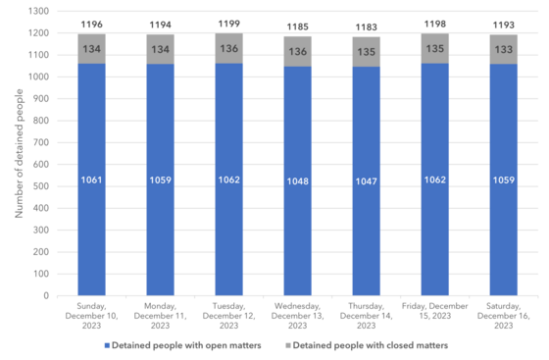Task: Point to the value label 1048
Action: pyautogui.click(x=297, y=181)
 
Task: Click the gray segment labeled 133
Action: pyautogui.click(x=503, y=49)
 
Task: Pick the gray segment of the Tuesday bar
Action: pyautogui.click(x=228, y=49)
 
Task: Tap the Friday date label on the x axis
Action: pyautogui.click(x=434, y=311)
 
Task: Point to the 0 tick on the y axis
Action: pyautogui.click(x=45, y=295)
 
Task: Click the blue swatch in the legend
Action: pyautogui.click(x=108, y=345)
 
